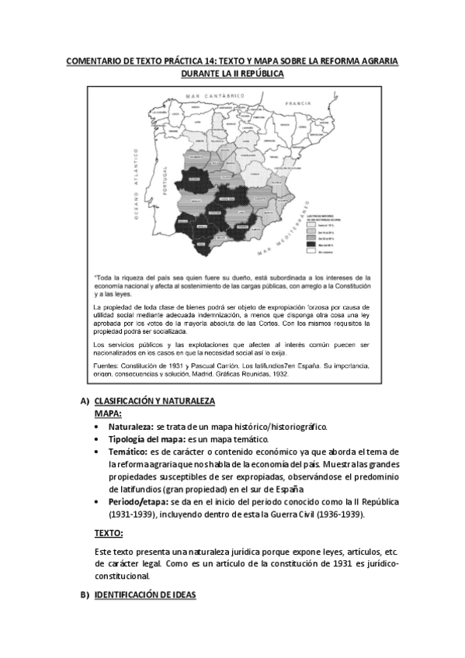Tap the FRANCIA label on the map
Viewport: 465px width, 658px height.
tap(298, 102)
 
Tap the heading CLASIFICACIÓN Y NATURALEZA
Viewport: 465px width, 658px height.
tap(154, 401)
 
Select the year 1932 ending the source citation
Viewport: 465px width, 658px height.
tap(278, 373)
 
